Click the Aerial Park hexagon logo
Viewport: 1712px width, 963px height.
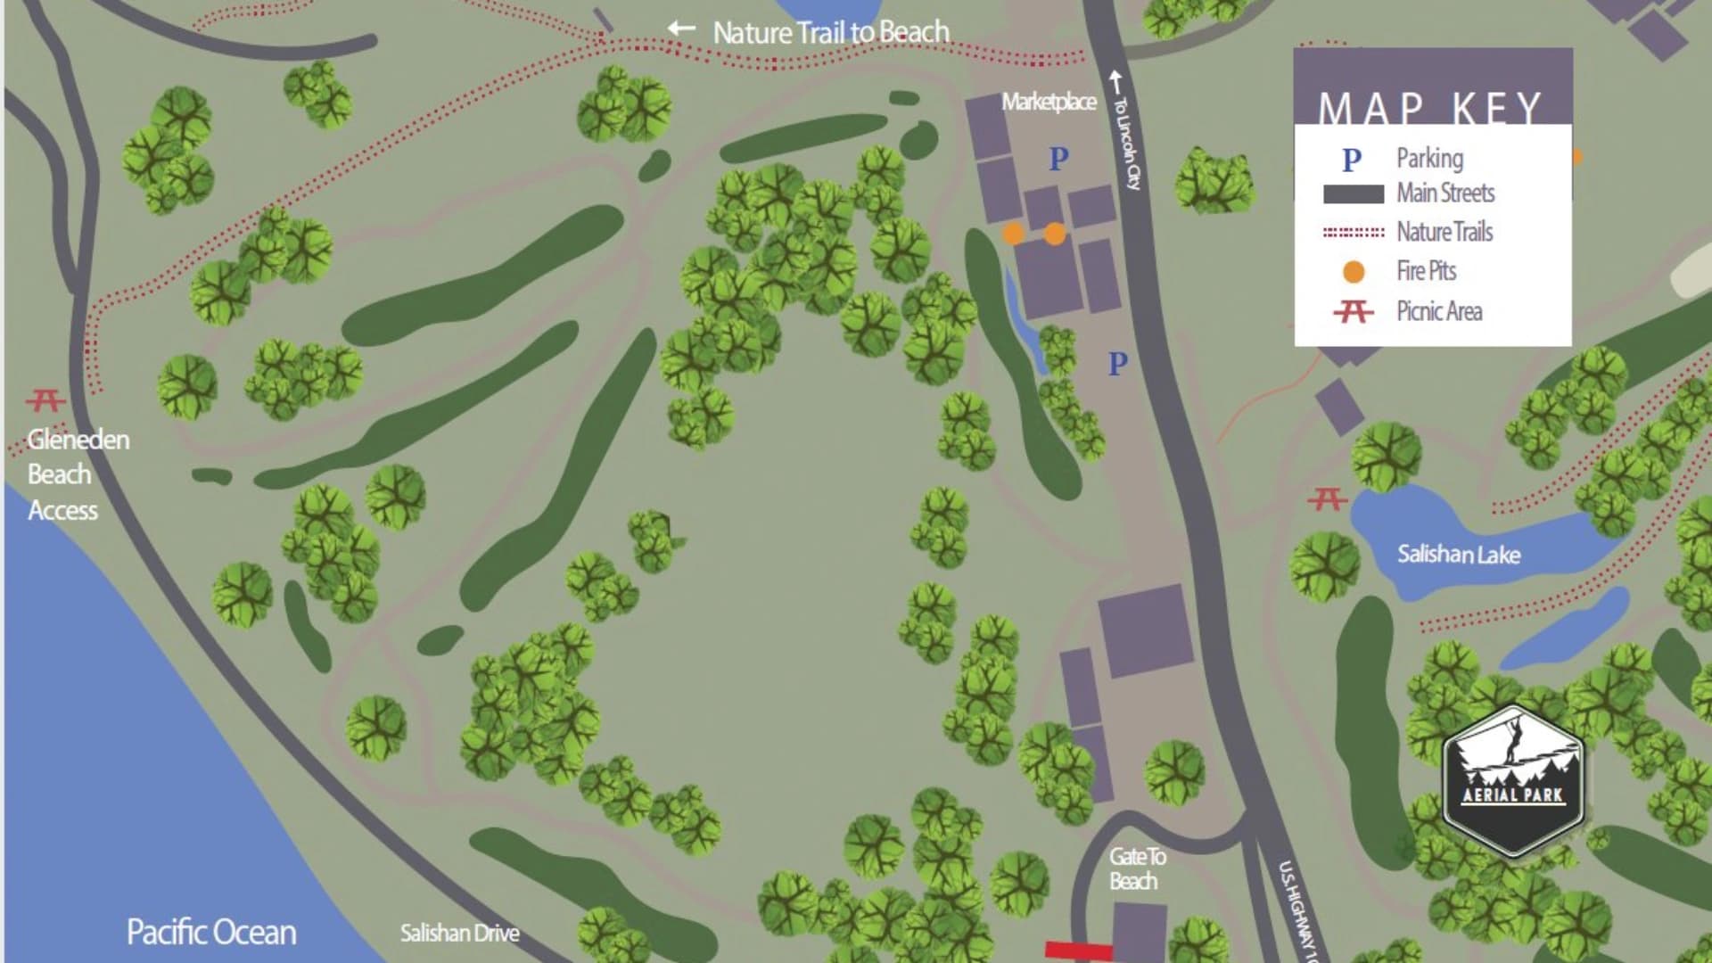(1512, 779)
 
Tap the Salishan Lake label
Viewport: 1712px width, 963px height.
(1459, 555)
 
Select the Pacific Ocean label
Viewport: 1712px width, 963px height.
(211, 932)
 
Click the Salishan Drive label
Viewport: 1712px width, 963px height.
(459, 934)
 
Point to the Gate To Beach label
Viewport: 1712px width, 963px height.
(1136, 868)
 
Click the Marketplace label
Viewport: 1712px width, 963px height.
(1049, 102)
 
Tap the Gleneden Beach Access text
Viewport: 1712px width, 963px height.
(77, 474)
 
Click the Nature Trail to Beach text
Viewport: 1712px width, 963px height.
(831, 33)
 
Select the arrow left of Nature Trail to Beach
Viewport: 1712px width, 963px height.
(682, 29)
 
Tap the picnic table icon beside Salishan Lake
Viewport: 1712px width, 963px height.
(1327, 498)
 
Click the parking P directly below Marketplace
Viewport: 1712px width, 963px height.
(1058, 159)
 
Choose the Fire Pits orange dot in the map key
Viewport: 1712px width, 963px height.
(1354, 272)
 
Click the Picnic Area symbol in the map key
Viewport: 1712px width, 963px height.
(1354, 311)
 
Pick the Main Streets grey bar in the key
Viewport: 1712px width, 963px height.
(1354, 193)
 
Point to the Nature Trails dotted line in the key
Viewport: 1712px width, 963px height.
(1354, 233)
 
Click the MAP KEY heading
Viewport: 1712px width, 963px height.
(1430, 107)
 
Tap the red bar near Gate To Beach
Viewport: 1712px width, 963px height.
(1079, 951)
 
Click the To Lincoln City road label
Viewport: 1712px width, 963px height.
(1127, 143)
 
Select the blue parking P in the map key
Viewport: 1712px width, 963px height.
(1352, 160)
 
